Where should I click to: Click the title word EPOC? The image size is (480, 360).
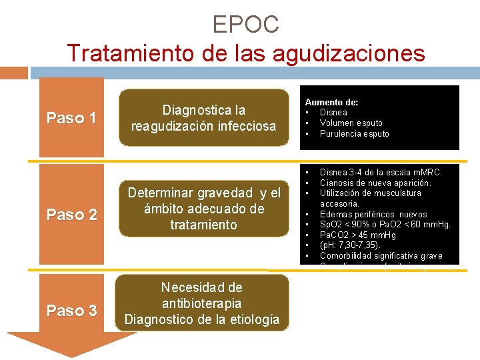tap(245, 25)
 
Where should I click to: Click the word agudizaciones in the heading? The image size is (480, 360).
tap(352, 53)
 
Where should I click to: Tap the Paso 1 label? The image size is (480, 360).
tap(71, 119)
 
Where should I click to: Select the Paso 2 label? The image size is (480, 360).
tap(71, 215)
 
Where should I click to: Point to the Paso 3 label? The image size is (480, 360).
tap(71, 311)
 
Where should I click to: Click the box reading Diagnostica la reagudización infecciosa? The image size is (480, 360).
tap(204, 117)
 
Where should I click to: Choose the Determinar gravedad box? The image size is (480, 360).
tap(204, 209)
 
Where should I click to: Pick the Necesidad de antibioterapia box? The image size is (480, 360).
tap(204, 303)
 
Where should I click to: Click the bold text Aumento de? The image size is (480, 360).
tap(331, 102)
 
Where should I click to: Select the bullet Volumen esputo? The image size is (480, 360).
tap(351, 123)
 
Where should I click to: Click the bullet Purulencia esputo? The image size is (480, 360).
tap(354, 133)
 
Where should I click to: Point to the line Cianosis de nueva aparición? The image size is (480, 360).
tap(375, 183)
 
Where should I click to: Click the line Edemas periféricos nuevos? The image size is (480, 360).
tap(373, 214)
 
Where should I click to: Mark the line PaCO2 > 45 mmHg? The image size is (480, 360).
tap(357, 235)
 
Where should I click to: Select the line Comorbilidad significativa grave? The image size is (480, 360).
tap(381, 256)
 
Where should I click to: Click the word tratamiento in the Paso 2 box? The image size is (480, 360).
tap(203, 225)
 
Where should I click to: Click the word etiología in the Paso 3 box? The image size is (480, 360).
tap(254, 319)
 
